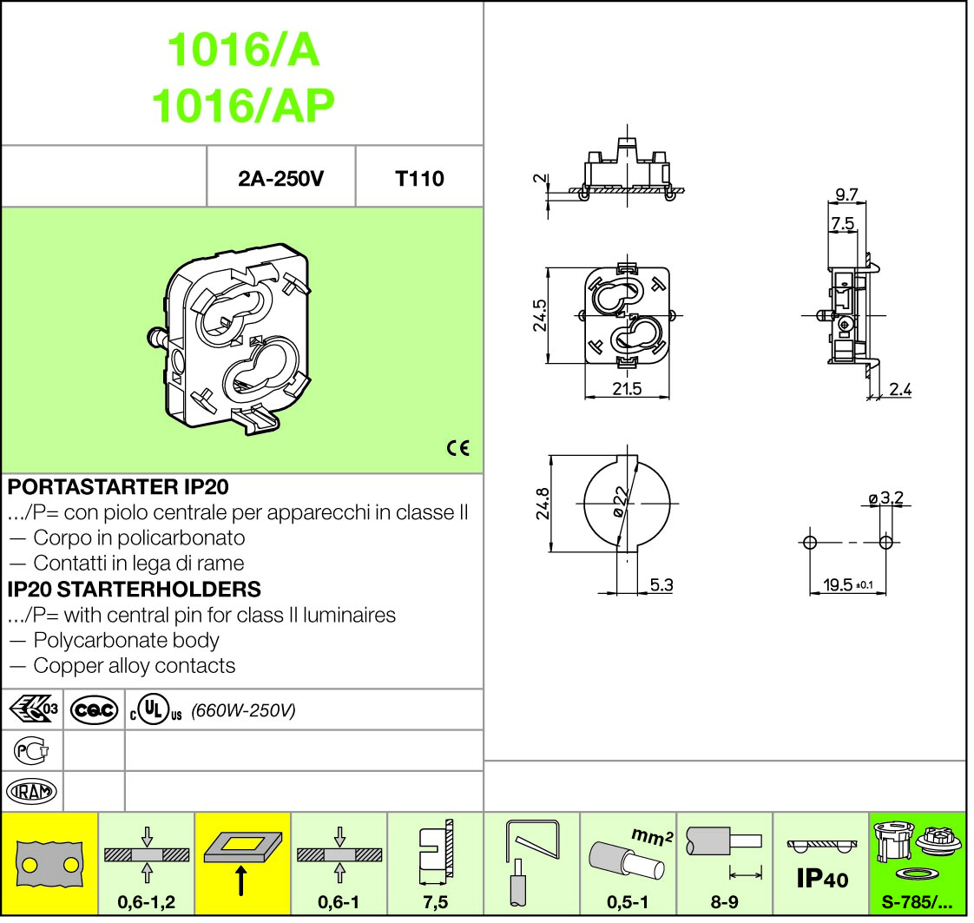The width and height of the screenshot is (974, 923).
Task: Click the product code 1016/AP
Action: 243,105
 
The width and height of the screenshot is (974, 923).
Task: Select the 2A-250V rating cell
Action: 280,179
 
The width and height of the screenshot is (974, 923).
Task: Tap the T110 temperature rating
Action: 420,179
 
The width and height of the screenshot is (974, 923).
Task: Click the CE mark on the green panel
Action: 457,448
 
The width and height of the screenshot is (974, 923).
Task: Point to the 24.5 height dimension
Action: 540,315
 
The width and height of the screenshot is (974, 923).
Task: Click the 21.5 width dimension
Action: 627,390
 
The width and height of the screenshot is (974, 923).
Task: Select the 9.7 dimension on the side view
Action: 846,194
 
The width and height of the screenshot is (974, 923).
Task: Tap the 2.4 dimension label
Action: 900,390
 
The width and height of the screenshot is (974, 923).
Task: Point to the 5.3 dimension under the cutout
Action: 661,585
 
